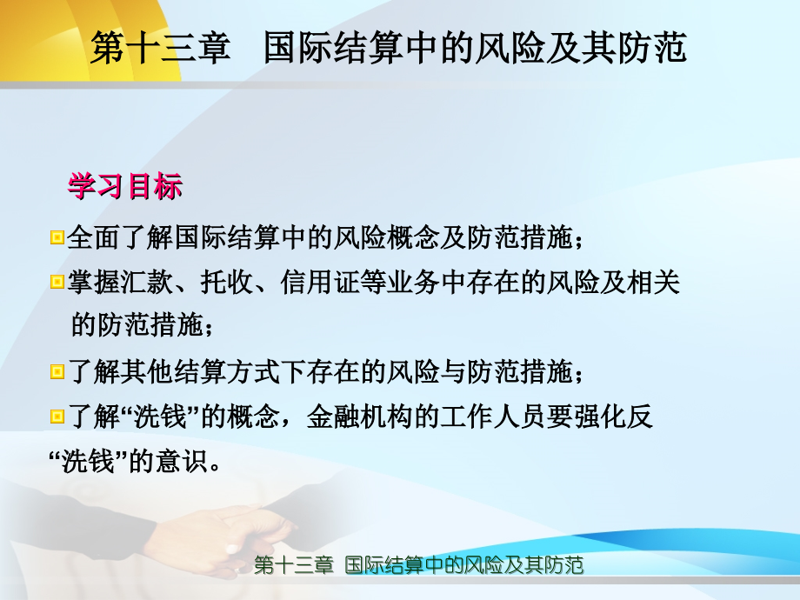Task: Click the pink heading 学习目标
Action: [x=125, y=187]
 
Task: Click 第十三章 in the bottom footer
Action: [x=294, y=566]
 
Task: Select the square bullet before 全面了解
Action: [x=57, y=237]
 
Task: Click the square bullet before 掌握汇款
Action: [x=57, y=282]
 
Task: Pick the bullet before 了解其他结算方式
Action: [x=57, y=372]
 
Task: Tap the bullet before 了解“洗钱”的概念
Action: [x=57, y=417]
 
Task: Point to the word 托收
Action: [x=230, y=282]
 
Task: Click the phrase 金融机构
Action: [x=347, y=417]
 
